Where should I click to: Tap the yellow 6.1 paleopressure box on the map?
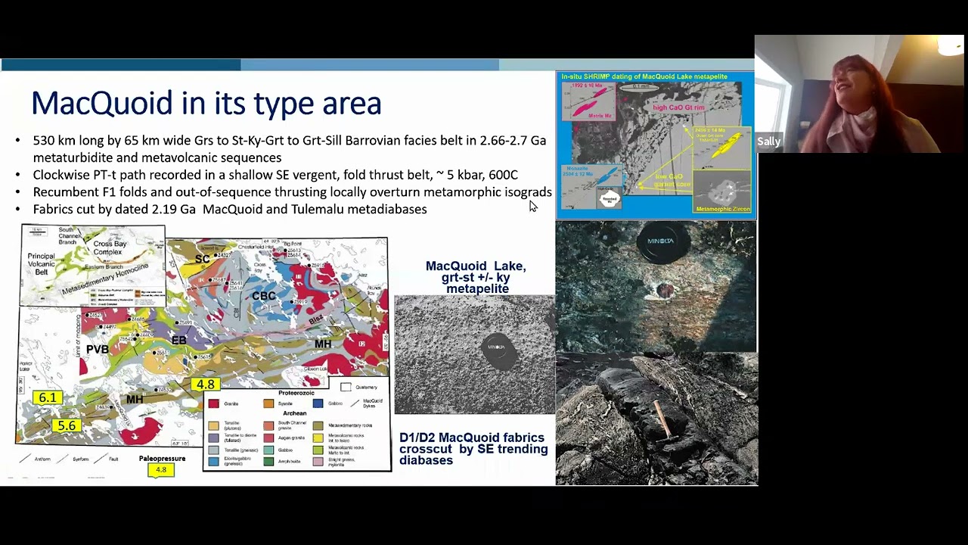point(47,397)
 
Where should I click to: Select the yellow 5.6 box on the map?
point(67,425)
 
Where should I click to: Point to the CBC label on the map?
point(263,296)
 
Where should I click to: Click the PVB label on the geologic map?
point(97,349)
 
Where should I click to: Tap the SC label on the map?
point(202,260)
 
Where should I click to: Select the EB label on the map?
point(178,341)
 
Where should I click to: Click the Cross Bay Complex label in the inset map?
point(110,248)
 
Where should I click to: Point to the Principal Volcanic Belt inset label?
point(41,264)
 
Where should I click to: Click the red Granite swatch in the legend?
point(213,403)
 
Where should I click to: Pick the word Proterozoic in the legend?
point(296,393)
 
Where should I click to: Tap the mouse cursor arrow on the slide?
point(532,206)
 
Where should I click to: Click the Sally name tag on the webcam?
point(768,142)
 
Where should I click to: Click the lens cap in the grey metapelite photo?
point(498,350)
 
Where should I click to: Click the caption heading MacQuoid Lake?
point(475,266)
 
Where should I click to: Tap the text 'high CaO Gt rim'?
point(678,108)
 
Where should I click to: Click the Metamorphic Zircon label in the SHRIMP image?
point(723,209)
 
